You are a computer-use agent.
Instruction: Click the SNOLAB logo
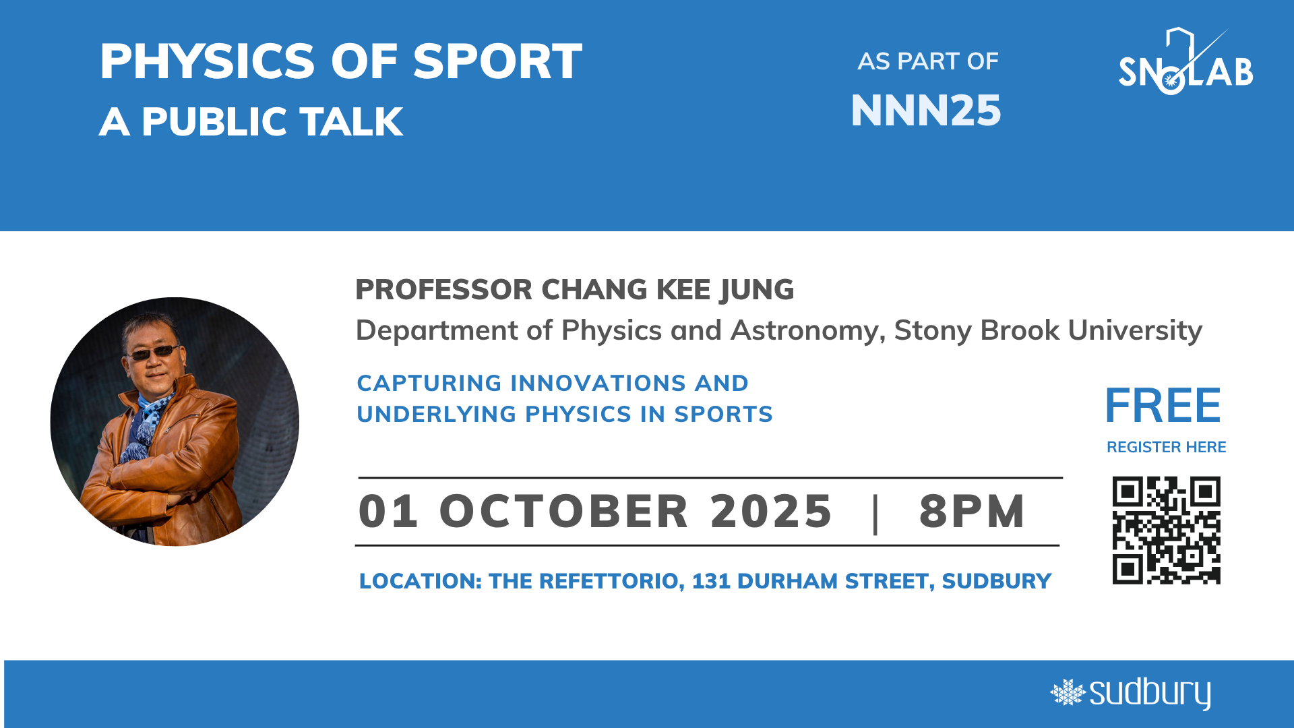[1185, 62]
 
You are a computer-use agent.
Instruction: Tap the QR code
[1166, 530]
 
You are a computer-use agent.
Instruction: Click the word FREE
[1163, 406]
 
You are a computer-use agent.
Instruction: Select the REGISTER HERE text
[1166, 447]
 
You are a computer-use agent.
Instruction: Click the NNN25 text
[926, 111]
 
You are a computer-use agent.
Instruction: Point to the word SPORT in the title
[497, 62]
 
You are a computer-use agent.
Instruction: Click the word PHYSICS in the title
[208, 62]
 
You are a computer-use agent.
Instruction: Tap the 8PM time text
[972, 511]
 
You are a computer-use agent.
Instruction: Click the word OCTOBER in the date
[564, 511]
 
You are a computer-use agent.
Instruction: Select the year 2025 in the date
[771, 511]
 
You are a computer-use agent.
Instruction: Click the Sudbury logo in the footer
[1130, 694]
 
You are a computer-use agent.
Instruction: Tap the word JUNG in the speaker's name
[757, 291]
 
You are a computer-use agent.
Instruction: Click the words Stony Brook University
[1048, 330]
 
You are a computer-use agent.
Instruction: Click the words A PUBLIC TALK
[251, 122]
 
